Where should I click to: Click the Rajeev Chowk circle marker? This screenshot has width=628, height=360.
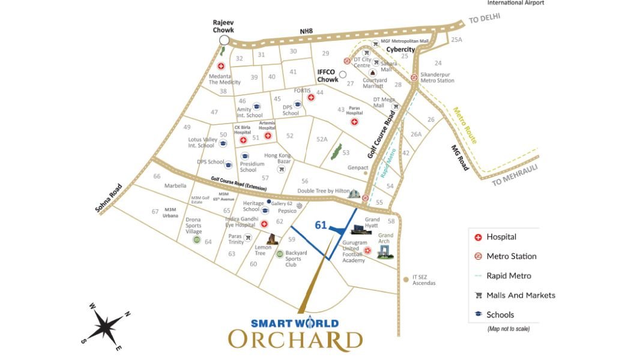[225, 40]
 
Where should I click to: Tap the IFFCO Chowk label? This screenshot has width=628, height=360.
[328, 76]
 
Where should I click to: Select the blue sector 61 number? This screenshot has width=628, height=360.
[321, 225]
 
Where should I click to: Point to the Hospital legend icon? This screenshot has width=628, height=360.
[478, 237]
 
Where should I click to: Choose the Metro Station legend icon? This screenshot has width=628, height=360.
[478, 256]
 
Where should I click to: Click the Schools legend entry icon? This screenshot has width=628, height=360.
[478, 314]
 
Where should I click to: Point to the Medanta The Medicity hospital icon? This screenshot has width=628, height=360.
[221, 66]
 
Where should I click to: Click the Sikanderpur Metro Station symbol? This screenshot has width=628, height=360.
[414, 77]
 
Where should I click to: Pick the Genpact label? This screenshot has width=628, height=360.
[357, 167]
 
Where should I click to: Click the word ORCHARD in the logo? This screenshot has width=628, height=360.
[295, 339]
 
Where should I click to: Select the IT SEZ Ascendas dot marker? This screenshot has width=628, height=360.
[406, 278]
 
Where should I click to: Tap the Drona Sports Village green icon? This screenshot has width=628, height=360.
[196, 241]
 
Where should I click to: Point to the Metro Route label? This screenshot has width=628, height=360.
[464, 125]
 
